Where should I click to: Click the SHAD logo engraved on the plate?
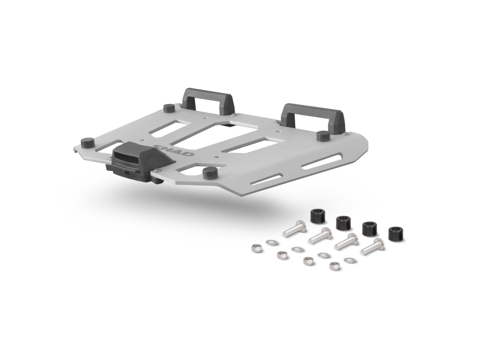[174, 149]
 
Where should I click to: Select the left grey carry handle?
[208, 100]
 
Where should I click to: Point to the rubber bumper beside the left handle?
[169, 109]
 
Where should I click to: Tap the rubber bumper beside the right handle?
[323, 136]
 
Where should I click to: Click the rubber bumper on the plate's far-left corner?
[86, 143]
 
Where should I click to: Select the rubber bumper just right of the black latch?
[209, 173]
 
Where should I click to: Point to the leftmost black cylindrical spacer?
[318, 217]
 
